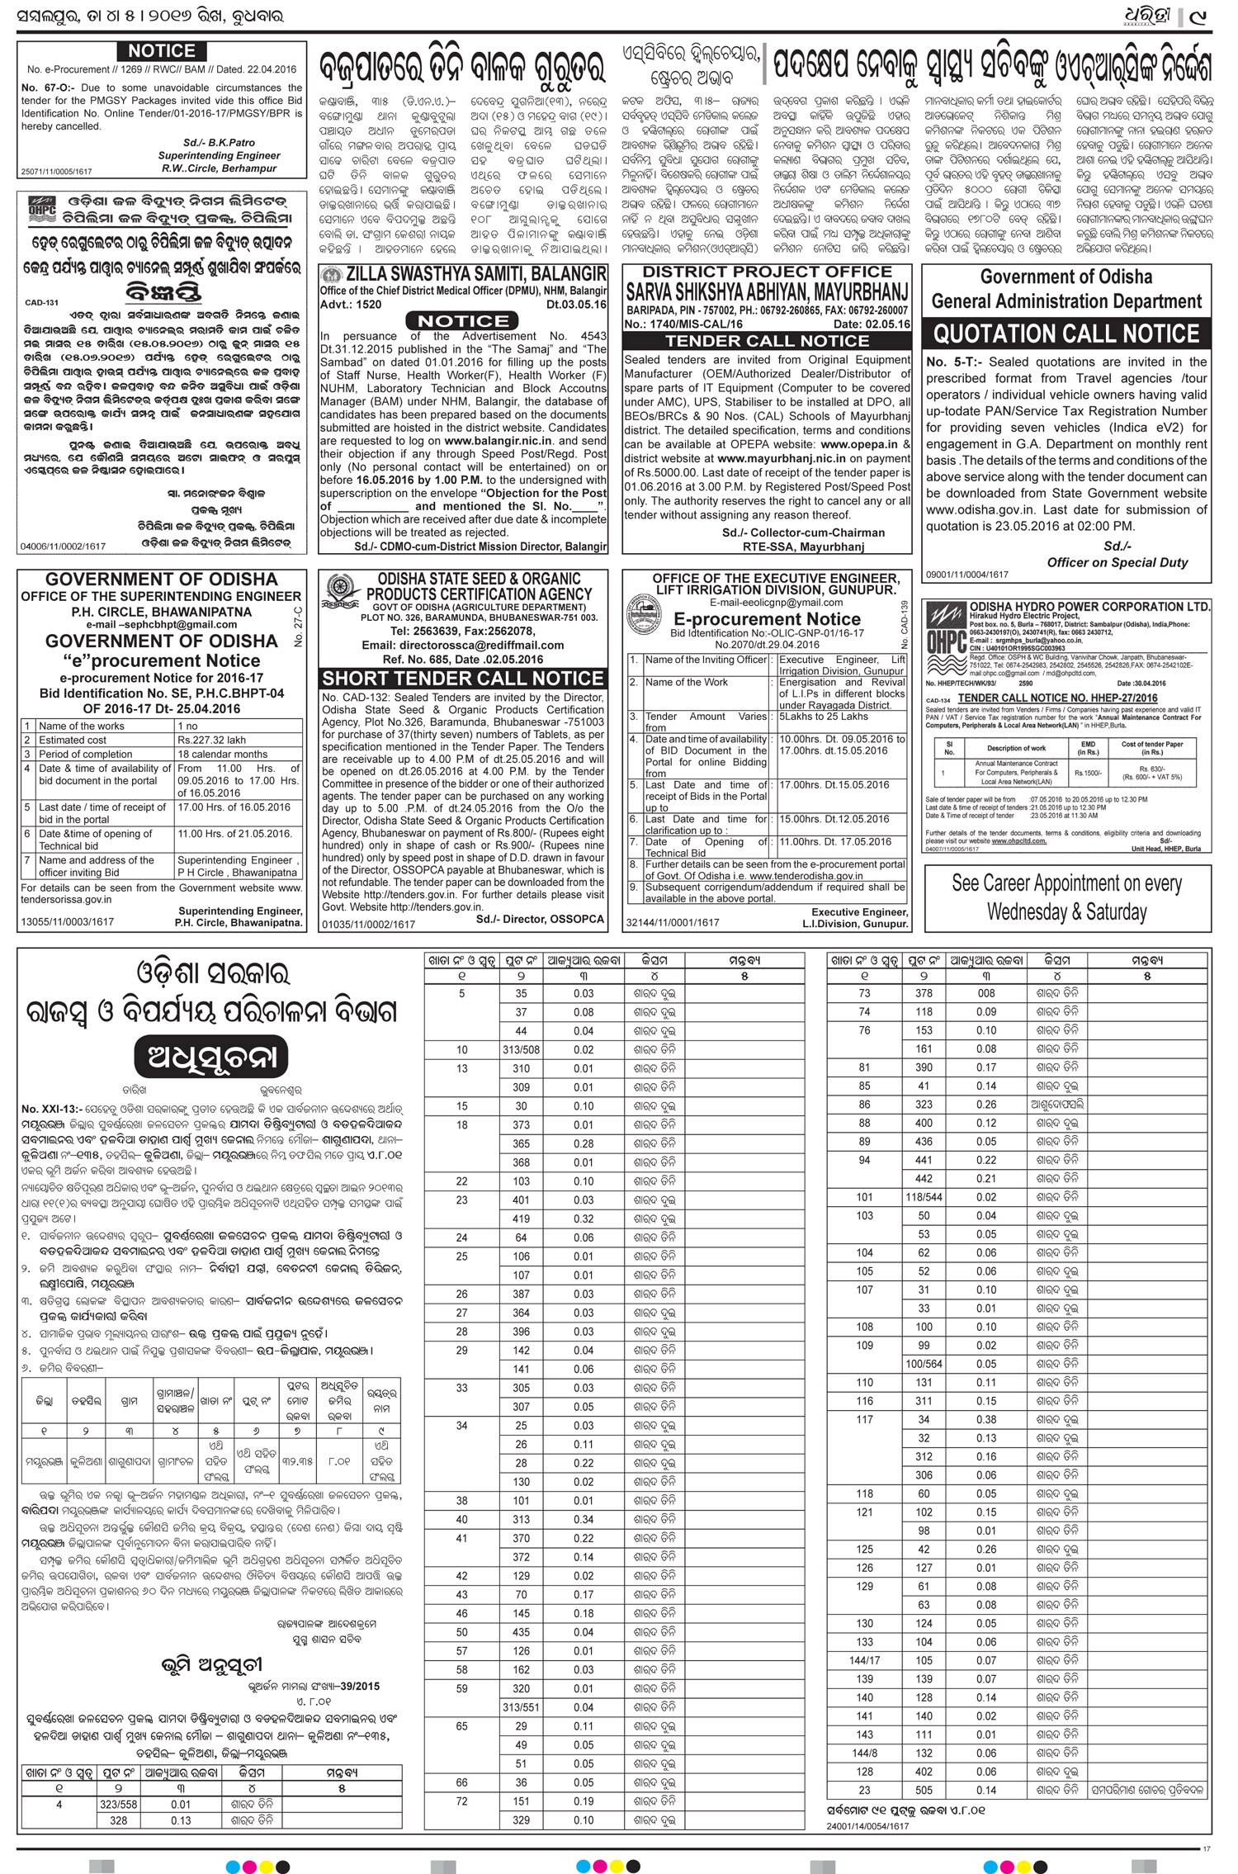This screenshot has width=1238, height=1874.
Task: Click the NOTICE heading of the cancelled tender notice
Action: (x=162, y=51)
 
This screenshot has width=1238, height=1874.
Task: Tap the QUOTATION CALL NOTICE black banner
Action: (x=1066, y=334)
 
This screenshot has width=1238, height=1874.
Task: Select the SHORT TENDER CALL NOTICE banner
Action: (x=462, y=679)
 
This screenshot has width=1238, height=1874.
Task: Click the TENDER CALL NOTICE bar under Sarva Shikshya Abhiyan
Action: (x=767, y=341)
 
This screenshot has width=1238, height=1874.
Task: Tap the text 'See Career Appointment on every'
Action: (x=1066, y=883)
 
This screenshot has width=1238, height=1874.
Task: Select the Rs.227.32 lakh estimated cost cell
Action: (x=212, y=741)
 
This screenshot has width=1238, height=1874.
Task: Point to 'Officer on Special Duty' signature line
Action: (x=1117, y=562)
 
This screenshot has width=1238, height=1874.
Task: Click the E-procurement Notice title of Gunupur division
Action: (x=767, y=619)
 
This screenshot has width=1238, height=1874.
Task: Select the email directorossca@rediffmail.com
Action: (x=462, y=645)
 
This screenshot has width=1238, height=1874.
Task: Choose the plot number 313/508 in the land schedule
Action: (x=521, y=1050)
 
